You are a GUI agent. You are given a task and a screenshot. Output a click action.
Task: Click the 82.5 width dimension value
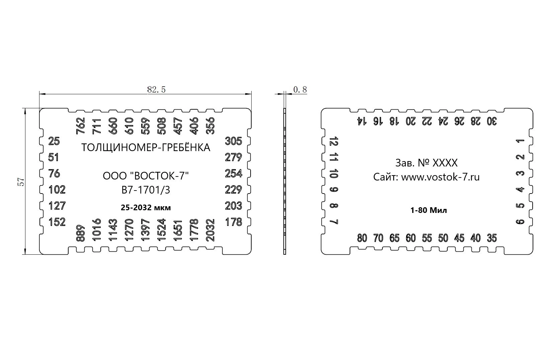[156, 90]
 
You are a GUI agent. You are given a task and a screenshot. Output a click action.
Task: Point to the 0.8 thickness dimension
[300, 90]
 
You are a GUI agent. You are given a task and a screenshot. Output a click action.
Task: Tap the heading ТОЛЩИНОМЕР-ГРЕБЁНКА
[146, 147]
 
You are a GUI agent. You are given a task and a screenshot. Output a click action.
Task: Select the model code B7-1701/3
[146, 190]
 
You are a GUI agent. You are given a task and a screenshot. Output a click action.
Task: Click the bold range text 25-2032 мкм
[146, 208]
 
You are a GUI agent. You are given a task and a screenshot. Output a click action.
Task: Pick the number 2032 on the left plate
[210, 230]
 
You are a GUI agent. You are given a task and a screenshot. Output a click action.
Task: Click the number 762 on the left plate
[81, 126]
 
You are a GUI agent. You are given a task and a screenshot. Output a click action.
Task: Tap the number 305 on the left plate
[234, 141]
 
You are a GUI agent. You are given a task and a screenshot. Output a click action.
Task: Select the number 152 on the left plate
[57, 222]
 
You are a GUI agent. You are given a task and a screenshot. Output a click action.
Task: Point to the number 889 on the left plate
[81, 233]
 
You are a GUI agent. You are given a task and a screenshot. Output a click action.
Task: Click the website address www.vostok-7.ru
[440, 177]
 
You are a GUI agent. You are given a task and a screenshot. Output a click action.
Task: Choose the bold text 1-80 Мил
[429, 210]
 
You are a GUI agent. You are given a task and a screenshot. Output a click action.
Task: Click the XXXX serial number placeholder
[445, 163]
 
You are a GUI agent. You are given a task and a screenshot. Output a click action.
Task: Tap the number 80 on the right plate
[362, 238]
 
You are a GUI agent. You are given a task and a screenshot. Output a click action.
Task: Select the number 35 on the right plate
[492, 238]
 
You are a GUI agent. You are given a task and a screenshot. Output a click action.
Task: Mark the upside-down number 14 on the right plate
[360, 121]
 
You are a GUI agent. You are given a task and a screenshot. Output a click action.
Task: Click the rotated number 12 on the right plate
[334, 141]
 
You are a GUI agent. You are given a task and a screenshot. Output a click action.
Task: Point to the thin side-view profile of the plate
[285, 182]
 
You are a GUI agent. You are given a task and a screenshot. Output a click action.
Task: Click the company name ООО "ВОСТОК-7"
[146, 176]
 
